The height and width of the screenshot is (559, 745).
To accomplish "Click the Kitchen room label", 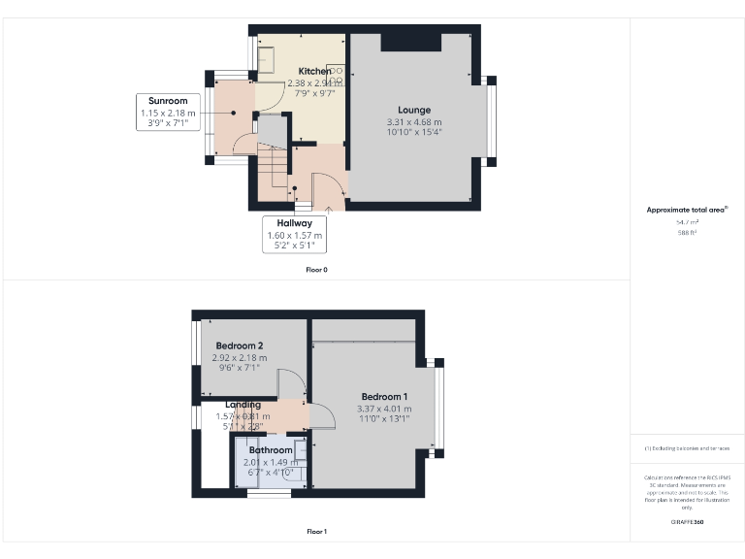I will point(313,72).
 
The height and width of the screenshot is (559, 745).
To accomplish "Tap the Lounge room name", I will point(413,110).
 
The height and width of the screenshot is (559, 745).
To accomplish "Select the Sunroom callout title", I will point(168,101).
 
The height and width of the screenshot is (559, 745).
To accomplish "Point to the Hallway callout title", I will point(295,223).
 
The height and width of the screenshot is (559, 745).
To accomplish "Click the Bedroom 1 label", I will point(384,396).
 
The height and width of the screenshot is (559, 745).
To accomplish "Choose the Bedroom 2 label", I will point(240,345).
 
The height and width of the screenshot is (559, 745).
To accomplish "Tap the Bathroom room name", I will point(271,450).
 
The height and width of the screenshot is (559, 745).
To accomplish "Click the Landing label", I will point(243,405).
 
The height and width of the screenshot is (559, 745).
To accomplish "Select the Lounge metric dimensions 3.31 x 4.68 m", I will point(413,121).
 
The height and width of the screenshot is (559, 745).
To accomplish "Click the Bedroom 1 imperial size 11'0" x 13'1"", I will point(384,418).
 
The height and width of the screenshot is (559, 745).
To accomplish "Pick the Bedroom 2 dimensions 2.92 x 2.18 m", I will point(240,357).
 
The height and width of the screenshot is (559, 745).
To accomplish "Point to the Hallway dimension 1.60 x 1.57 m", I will point(295,235).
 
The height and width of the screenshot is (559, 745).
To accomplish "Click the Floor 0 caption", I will point(316,269).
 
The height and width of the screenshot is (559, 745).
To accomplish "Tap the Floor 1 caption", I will point(316,531).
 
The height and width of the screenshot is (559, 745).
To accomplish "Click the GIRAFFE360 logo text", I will point(687,522).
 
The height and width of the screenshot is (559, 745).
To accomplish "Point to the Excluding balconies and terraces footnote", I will point(687,448).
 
